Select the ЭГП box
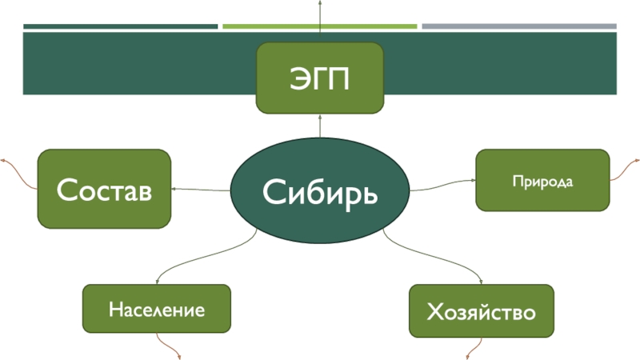tap(320, 78)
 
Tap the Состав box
tap(104, 189)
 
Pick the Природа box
tap(542, 181)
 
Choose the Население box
tap(157, 309)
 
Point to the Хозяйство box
tap(481, 310)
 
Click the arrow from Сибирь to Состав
tap(200, 190)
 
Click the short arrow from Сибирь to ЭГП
tap(320, 126)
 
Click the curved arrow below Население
tap(170, 346)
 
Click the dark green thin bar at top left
tap(120, 26)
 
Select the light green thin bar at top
tap(320, 26)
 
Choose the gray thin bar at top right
tap(519, 26)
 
